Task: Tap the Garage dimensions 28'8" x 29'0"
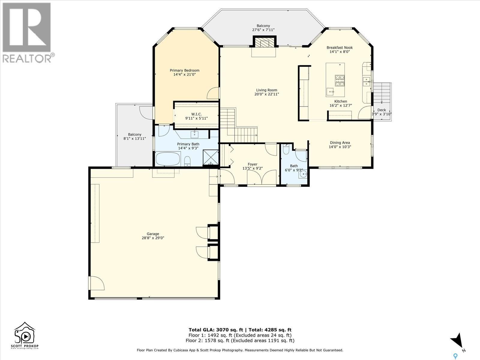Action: coord(153,238)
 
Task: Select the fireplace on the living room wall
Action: coord(264,43)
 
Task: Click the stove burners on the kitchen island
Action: coord(340,80)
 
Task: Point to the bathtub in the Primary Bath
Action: coord(168,159)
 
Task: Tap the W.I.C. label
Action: coord(196,114)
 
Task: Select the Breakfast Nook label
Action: coord(340,47)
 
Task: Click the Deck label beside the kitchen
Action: coord(382,110)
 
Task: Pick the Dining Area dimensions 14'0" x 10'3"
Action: coord(340,147)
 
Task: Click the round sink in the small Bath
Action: coord(304,174)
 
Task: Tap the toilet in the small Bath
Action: coord(286,149)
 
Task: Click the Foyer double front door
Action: coord(262,178)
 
